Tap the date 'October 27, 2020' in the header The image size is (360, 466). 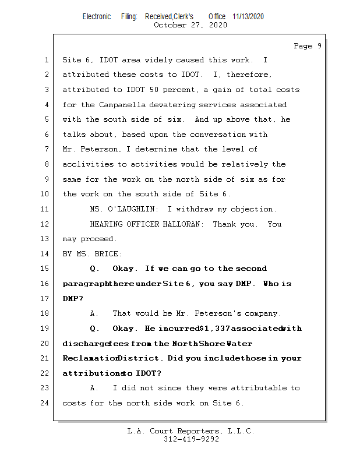pyautogui.click(x=190, y=25)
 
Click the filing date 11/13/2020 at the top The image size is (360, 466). pyautogui.click(x=248, y=16)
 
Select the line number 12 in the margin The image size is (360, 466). pyautogui.click(x=45, y=224)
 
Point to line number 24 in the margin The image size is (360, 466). pyautogui.click(x=45, y=403)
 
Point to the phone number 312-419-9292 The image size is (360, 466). pyautogui.click(x=191, y=440)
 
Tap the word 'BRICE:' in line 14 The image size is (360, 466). pyautogui.click(x=108, y=254)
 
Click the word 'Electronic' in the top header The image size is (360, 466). pyautogui.click(x=97, y=16)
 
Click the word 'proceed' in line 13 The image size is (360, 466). pyautogui.click(x=99, y=239)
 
